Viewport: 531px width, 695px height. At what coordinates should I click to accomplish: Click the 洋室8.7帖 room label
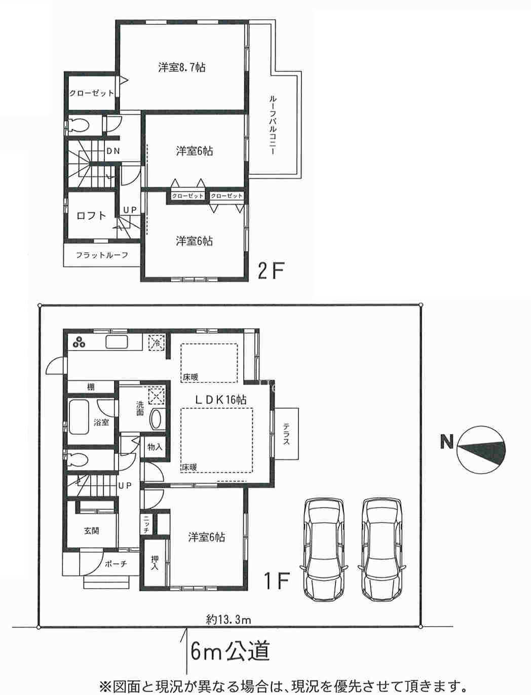[182, 67]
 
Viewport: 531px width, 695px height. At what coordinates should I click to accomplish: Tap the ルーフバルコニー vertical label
[273, 126]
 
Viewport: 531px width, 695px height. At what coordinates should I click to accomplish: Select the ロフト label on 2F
[91, 216]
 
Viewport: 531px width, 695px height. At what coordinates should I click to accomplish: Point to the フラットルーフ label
[102, 255]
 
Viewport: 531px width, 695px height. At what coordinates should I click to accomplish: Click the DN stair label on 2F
[113, 151]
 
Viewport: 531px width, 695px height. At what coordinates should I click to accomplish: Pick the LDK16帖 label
[221, 400]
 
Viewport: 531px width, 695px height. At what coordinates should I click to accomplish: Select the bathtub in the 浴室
[79, 417]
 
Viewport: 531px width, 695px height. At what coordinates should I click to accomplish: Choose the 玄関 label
[92, 531]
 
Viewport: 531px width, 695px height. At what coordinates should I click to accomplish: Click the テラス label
[286, 434]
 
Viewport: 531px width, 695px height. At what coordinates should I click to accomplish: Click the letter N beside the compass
[446, 442]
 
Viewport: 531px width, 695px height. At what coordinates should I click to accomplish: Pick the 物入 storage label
[155, 447]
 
